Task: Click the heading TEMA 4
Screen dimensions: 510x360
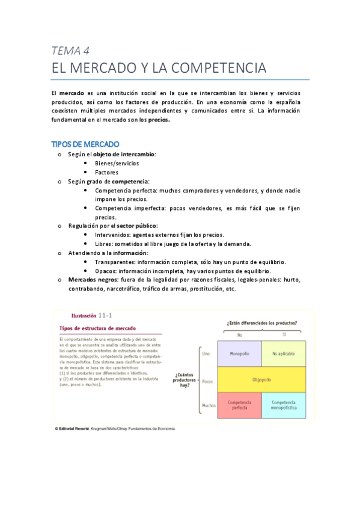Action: pos(70,51)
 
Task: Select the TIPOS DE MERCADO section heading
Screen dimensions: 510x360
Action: pos(85,144)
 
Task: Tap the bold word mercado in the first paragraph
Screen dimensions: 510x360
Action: pos(71,93)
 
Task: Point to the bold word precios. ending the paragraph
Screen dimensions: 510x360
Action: pos(159,119)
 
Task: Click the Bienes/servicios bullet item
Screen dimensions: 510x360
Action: pos(117,163)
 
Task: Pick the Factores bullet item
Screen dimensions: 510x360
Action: pos(106,172)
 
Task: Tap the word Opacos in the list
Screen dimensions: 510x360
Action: pos(105,271)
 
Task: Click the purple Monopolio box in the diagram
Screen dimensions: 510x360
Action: pos(240,353)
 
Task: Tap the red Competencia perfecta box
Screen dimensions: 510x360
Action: pos(240,405)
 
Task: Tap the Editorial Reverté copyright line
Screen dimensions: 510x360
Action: pos(114,429)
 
